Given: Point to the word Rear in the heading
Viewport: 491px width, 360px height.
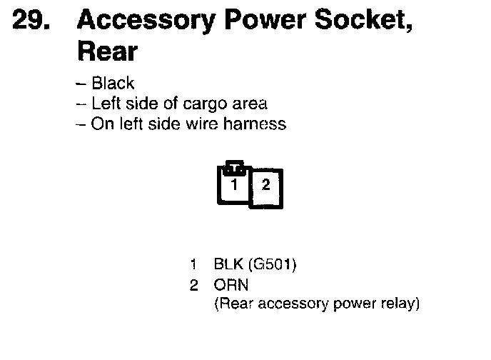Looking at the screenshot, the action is pos(106,51).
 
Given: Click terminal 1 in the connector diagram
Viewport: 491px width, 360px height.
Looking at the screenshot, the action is pos(233,184).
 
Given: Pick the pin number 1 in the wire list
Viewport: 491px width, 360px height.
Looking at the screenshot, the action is pos(193,265).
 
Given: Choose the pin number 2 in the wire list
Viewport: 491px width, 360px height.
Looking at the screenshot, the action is pos(193,285).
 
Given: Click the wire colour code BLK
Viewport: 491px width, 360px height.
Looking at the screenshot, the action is pos(228,265).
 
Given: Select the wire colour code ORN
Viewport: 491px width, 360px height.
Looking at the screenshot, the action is pos(231,285).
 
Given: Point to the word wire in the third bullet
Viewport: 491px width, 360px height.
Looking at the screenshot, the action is pos(183,124).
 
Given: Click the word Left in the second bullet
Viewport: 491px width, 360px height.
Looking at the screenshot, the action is pos(105,104).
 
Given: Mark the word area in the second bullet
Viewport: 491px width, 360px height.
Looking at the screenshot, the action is pos(250,104).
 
